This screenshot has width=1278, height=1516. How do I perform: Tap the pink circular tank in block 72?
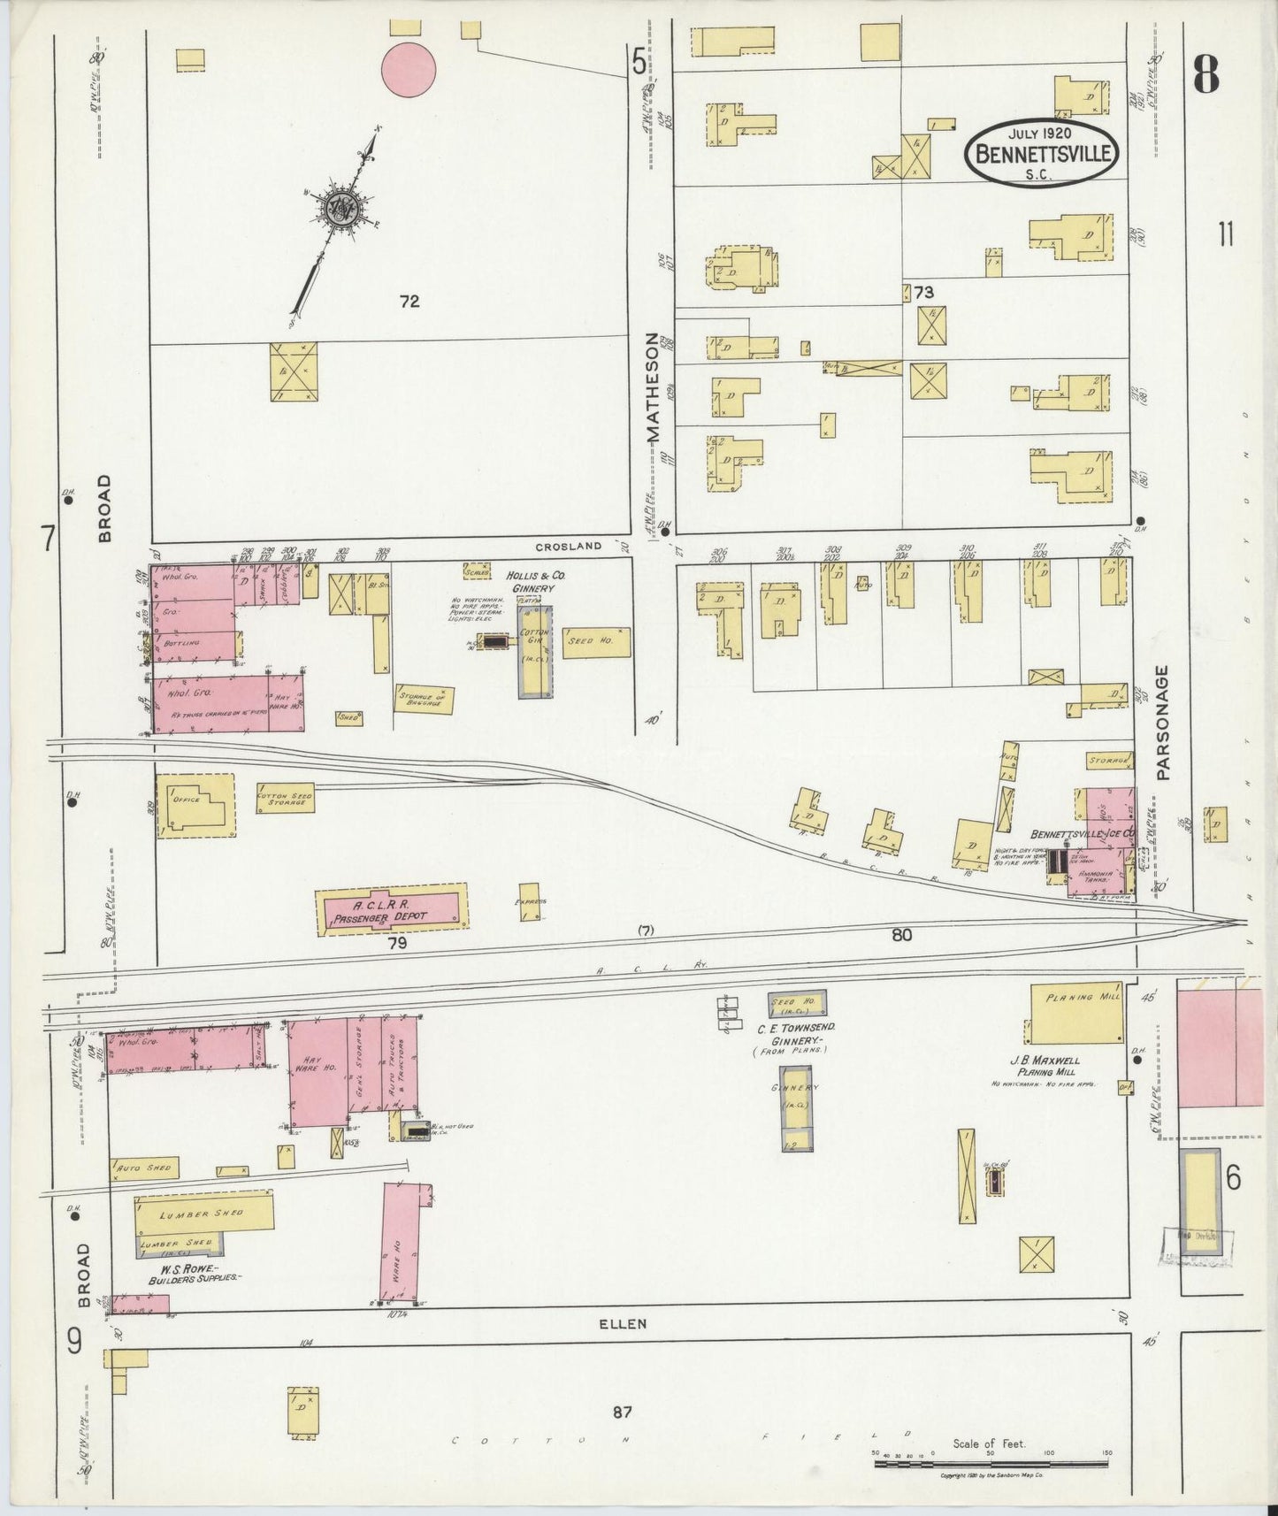coord(408,69)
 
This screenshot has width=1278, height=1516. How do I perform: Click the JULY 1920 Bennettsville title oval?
coord(1042,153)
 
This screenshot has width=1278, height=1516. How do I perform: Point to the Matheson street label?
coord(653,387)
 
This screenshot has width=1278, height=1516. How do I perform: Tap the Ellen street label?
coord(623,1324)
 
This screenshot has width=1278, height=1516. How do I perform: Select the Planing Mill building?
coord(1076,1013)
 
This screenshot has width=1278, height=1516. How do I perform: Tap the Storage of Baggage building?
coord(425,700)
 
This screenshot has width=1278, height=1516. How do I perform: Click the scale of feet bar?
coord(991,1464)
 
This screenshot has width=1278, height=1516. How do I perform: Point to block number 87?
coord(623,1413)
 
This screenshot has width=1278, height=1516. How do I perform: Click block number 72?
coord(409,302)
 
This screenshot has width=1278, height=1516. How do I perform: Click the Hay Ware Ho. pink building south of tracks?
coord(318,1071)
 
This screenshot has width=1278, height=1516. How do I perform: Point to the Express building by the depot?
coord(530,902)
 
